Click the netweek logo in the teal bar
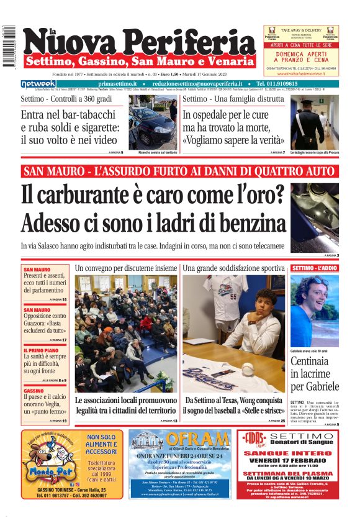38,84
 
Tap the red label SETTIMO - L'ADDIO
315,268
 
